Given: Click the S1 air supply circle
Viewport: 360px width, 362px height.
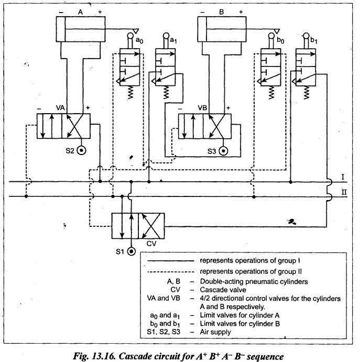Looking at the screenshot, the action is pos(131,251).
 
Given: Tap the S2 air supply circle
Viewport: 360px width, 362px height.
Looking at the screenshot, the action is pos(81,151).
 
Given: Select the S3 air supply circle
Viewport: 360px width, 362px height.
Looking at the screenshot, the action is pos(223,151).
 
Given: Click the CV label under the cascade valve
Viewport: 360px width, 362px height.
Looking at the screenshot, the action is pos(151,244).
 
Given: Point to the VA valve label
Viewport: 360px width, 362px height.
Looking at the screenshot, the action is pos(60,107).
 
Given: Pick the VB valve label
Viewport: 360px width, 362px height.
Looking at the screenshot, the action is pos(202,107).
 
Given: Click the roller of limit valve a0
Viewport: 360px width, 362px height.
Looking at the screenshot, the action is pos(130,36).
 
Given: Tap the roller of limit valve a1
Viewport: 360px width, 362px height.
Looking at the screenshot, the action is pos(166,36).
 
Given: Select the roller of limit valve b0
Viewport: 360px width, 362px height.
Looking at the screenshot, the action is pos(271,36).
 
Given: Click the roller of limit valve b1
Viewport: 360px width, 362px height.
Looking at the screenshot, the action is pos(306,36).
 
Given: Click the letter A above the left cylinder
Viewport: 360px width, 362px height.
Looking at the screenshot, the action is pos(80,12).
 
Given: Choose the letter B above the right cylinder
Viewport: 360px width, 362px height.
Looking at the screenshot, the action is pos(222,12).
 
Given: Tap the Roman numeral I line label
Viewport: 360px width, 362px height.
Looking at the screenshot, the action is pos(343,177).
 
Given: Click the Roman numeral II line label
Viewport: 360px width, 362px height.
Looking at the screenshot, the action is pos(344,192).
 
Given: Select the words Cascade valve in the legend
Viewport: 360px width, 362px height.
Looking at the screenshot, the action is pos(223,290).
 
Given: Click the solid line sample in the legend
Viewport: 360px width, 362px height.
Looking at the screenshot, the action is pos(171,261).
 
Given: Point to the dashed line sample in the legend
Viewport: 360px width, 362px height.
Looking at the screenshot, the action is pos(171,271).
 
